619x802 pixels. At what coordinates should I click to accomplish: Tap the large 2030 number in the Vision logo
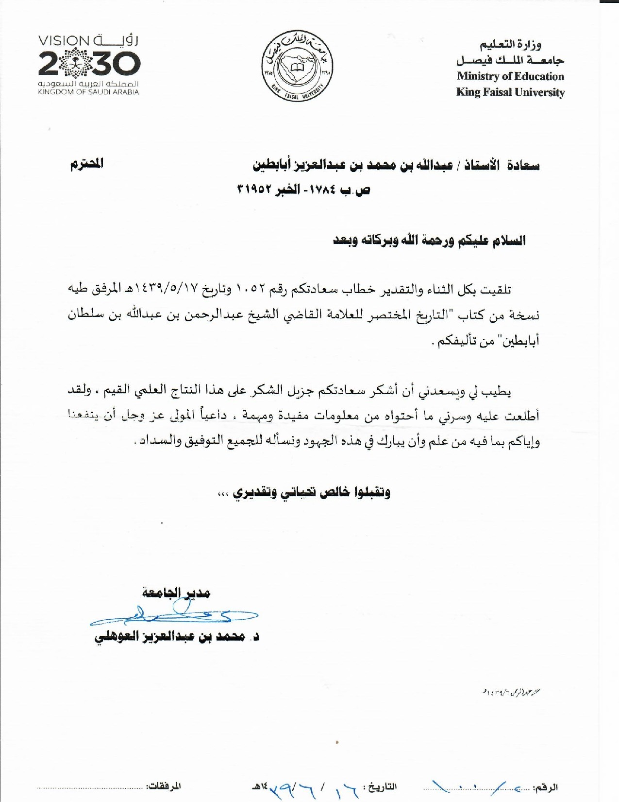point(89,64)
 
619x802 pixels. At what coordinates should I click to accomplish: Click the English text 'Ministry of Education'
point(510,76)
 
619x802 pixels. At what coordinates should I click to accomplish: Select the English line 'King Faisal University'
point(510,92)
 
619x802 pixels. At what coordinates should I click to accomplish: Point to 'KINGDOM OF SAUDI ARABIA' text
point(88,92)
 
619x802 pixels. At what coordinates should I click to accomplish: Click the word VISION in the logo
point(64,41)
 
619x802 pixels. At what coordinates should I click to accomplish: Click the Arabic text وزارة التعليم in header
point(511,45)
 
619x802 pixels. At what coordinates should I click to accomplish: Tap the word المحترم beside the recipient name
point(87,164)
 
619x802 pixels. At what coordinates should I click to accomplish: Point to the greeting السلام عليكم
point(490,241)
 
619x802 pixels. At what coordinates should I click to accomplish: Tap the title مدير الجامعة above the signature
point(176,593)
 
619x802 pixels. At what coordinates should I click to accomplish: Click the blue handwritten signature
point(175,615)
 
